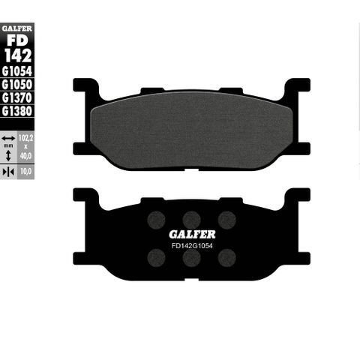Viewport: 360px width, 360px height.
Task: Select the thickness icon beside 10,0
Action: click(8, 172)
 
